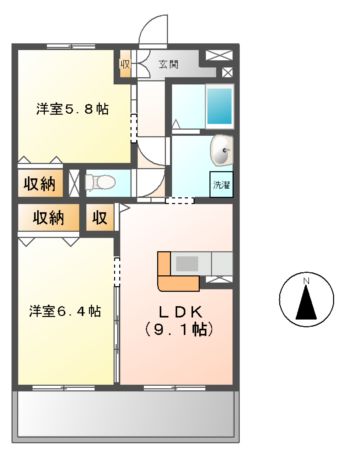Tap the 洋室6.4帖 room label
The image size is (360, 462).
pos(63,311)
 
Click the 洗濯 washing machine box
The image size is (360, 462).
pos(219,184)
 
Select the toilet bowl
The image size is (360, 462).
pos(101,183)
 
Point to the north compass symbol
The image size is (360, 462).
pos(307,300)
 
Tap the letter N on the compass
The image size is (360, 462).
pos(307,279)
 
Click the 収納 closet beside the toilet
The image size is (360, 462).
pos(40,183)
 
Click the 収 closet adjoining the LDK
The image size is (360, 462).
pos(100,218)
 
